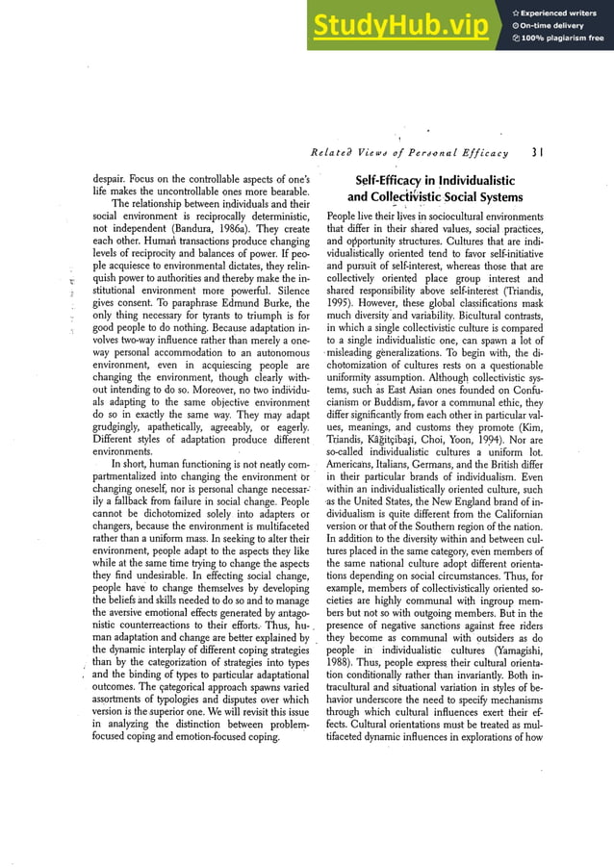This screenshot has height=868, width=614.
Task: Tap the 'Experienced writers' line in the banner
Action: click(x=561, y=13)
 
